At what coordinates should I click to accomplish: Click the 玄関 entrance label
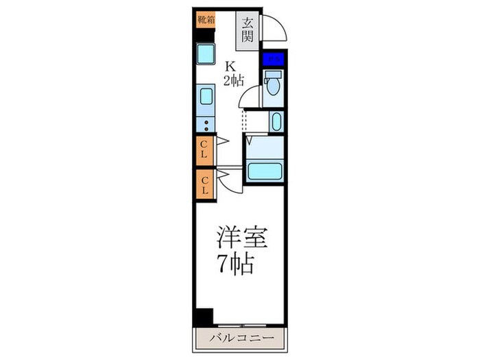tap(248, 29)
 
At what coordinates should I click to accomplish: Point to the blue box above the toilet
tap(274, 60)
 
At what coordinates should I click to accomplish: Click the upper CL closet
tap(204, 149)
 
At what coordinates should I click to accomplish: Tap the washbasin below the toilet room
tap(276, 123)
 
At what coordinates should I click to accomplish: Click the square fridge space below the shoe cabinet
tap(204, 53)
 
